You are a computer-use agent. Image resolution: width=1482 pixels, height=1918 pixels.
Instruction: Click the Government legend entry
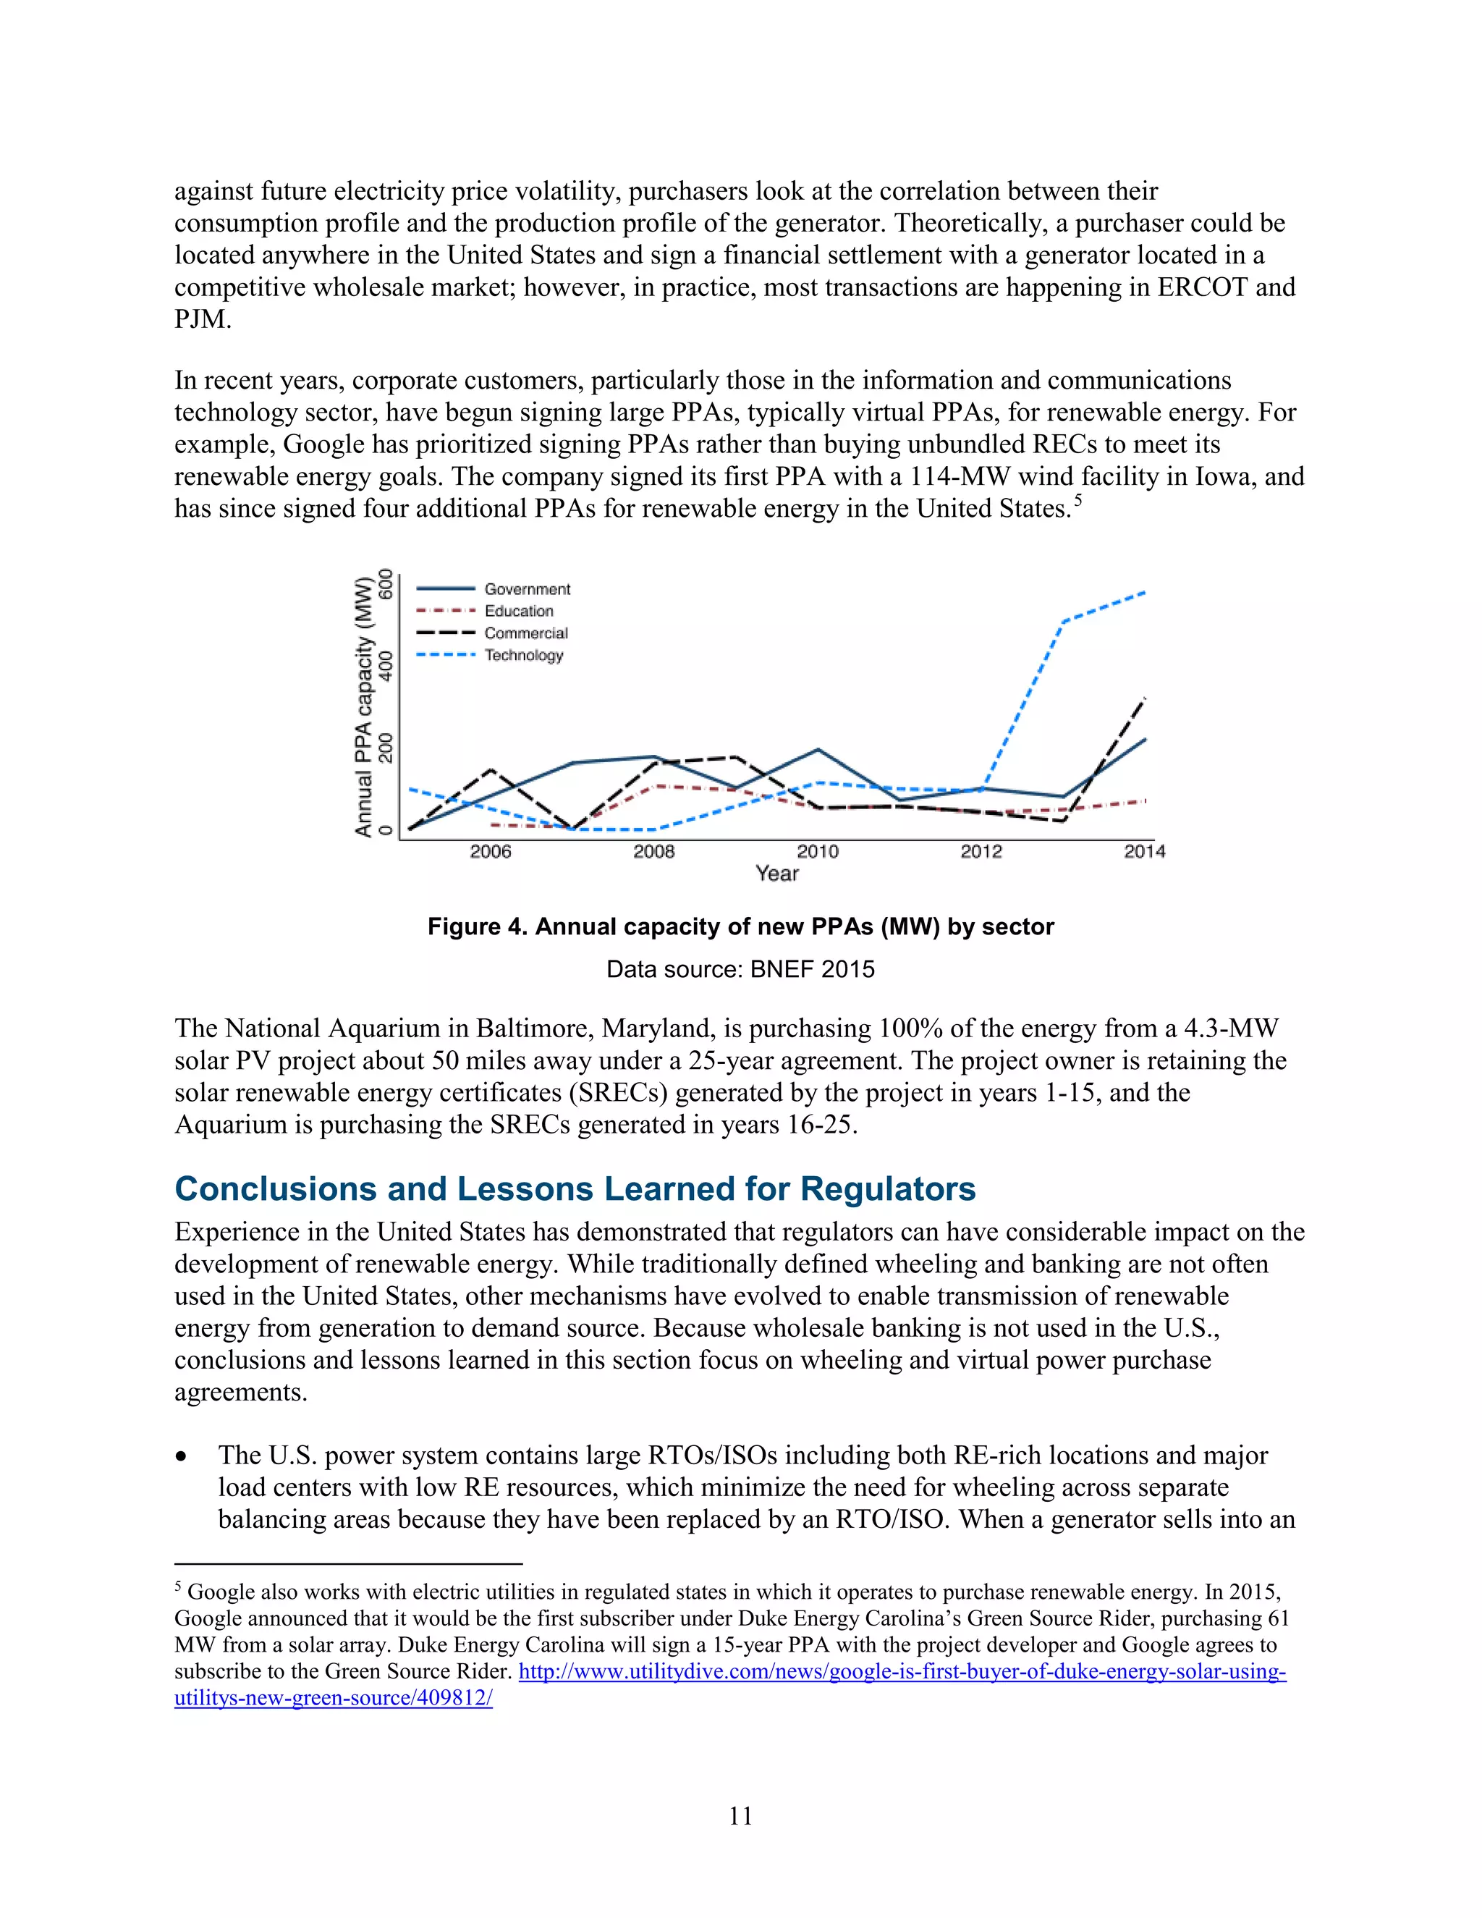(x=527, y=589)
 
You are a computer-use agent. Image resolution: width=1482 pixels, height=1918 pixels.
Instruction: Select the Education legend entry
(x=519, y=612)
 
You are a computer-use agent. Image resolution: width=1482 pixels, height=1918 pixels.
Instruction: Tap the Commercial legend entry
(x=526, y=633)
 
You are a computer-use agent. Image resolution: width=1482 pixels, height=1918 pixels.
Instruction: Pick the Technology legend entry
(x=523, y=655)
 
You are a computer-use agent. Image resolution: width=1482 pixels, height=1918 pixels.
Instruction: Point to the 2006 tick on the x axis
(x=490, y=851)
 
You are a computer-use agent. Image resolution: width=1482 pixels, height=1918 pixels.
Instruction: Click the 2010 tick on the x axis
(x=818, y=851)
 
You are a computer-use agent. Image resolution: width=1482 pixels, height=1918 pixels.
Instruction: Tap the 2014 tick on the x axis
(x=1144, y=851)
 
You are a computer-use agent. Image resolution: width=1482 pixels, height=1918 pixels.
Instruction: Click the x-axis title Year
(x=777, y=873)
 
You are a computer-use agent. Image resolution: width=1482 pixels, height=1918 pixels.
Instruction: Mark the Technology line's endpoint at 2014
(x=1145, y=593)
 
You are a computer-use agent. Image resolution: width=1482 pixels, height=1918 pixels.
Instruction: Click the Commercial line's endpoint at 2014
(x=1145, y=698)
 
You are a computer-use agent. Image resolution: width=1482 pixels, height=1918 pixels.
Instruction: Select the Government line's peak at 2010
(x=818, y=749)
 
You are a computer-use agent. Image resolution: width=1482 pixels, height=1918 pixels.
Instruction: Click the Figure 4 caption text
(x=740, y=926)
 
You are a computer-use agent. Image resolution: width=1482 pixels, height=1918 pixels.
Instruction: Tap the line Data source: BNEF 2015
(x=740, y=970)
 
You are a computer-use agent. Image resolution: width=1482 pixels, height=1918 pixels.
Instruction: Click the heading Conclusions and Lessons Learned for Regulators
(x=575, y=1188)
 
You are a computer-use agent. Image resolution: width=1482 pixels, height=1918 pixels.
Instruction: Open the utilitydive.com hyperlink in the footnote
(x=902, y=1671)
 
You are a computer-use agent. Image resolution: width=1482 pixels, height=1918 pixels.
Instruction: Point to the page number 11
(x=740, y=1816)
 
